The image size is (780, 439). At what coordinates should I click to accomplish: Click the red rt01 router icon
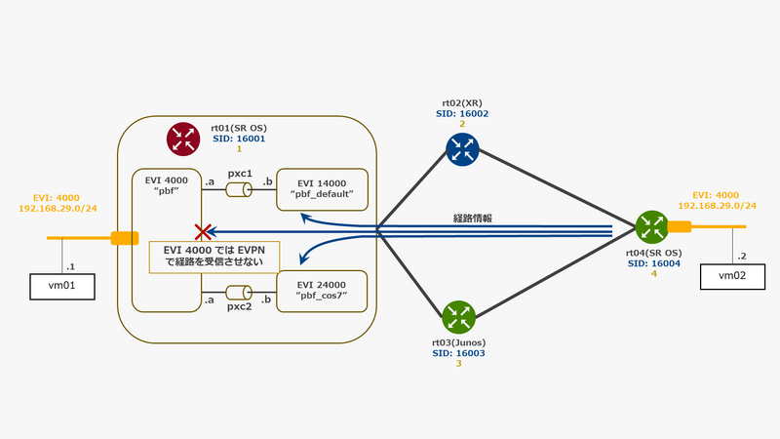[x=182, y=139]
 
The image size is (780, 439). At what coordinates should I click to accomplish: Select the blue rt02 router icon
[x=461, y=147]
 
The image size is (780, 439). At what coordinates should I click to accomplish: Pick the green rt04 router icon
[x=649, y=227]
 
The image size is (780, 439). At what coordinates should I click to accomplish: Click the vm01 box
[x=60, y=287]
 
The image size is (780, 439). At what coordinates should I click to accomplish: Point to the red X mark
[x=203, y=232]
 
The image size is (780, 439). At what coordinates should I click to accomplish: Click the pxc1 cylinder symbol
[x=240, y=189]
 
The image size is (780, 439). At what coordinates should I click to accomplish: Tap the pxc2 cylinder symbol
[x=240, y=292]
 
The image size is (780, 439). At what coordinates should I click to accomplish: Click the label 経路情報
[x=472, y=219]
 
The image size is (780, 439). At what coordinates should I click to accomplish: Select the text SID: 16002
[x=461, y=113]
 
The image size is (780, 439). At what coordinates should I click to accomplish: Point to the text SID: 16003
[x=457, y=353]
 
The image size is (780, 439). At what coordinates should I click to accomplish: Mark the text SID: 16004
[x=648, y=263]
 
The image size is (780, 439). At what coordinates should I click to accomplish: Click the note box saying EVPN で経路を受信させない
[x=214, y=257]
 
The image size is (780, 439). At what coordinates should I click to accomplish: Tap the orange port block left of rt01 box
[x=125, y=238]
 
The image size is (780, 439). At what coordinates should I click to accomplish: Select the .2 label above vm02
[x=745, y=255]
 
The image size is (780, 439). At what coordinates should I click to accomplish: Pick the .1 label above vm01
[x=69, y=266]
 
